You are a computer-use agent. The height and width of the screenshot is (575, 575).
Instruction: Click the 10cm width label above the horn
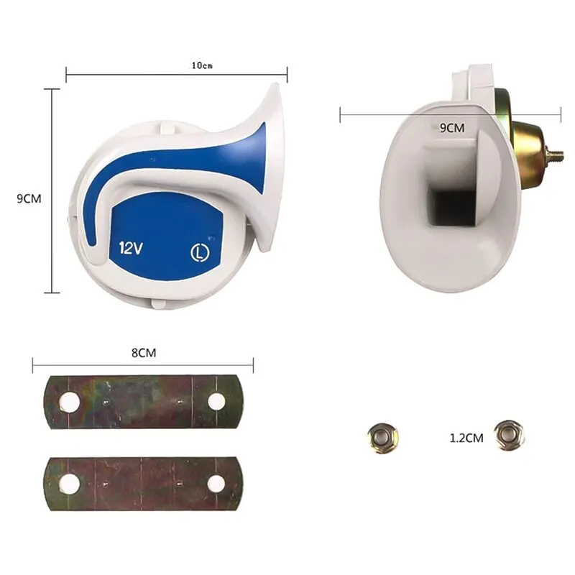(x=202, y=65)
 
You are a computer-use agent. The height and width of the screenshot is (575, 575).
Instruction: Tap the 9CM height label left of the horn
(x=29, y=199)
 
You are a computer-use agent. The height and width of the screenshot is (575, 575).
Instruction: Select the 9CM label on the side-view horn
(x=452, y=128)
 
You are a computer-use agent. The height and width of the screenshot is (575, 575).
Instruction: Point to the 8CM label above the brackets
(x=144, y=353)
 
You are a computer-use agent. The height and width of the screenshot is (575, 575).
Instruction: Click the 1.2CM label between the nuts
(x=466, y=438)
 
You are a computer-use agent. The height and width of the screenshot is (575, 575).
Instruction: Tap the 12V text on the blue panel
(x=131, y=249)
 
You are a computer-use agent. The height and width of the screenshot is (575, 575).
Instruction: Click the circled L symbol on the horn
(x=201, y=254)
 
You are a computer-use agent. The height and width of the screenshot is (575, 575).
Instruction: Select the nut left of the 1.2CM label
(x=382, y=438)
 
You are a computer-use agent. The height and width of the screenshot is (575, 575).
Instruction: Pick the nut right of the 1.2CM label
(x=509, y=436)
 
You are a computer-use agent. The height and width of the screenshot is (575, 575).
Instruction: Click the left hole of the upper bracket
(x=70, y=402)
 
